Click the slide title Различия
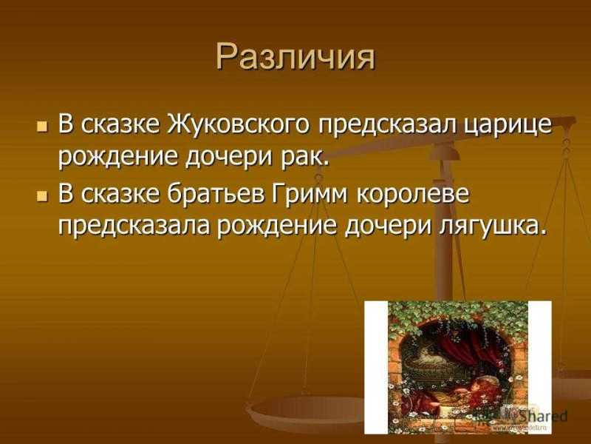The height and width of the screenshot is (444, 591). pyautogui.click(x=296, y=58)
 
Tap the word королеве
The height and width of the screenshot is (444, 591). pyautogui.click(x=413, y=195)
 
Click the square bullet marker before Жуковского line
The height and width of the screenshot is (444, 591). pyautogui.click(x=42, y=126)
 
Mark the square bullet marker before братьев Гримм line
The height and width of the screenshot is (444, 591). pyautogui.click(x=42, y=196)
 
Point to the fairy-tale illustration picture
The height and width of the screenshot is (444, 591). pyautogui.click(x=458, y=367)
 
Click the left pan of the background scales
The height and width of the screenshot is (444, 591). pyautogui.click(x=305, y=411)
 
